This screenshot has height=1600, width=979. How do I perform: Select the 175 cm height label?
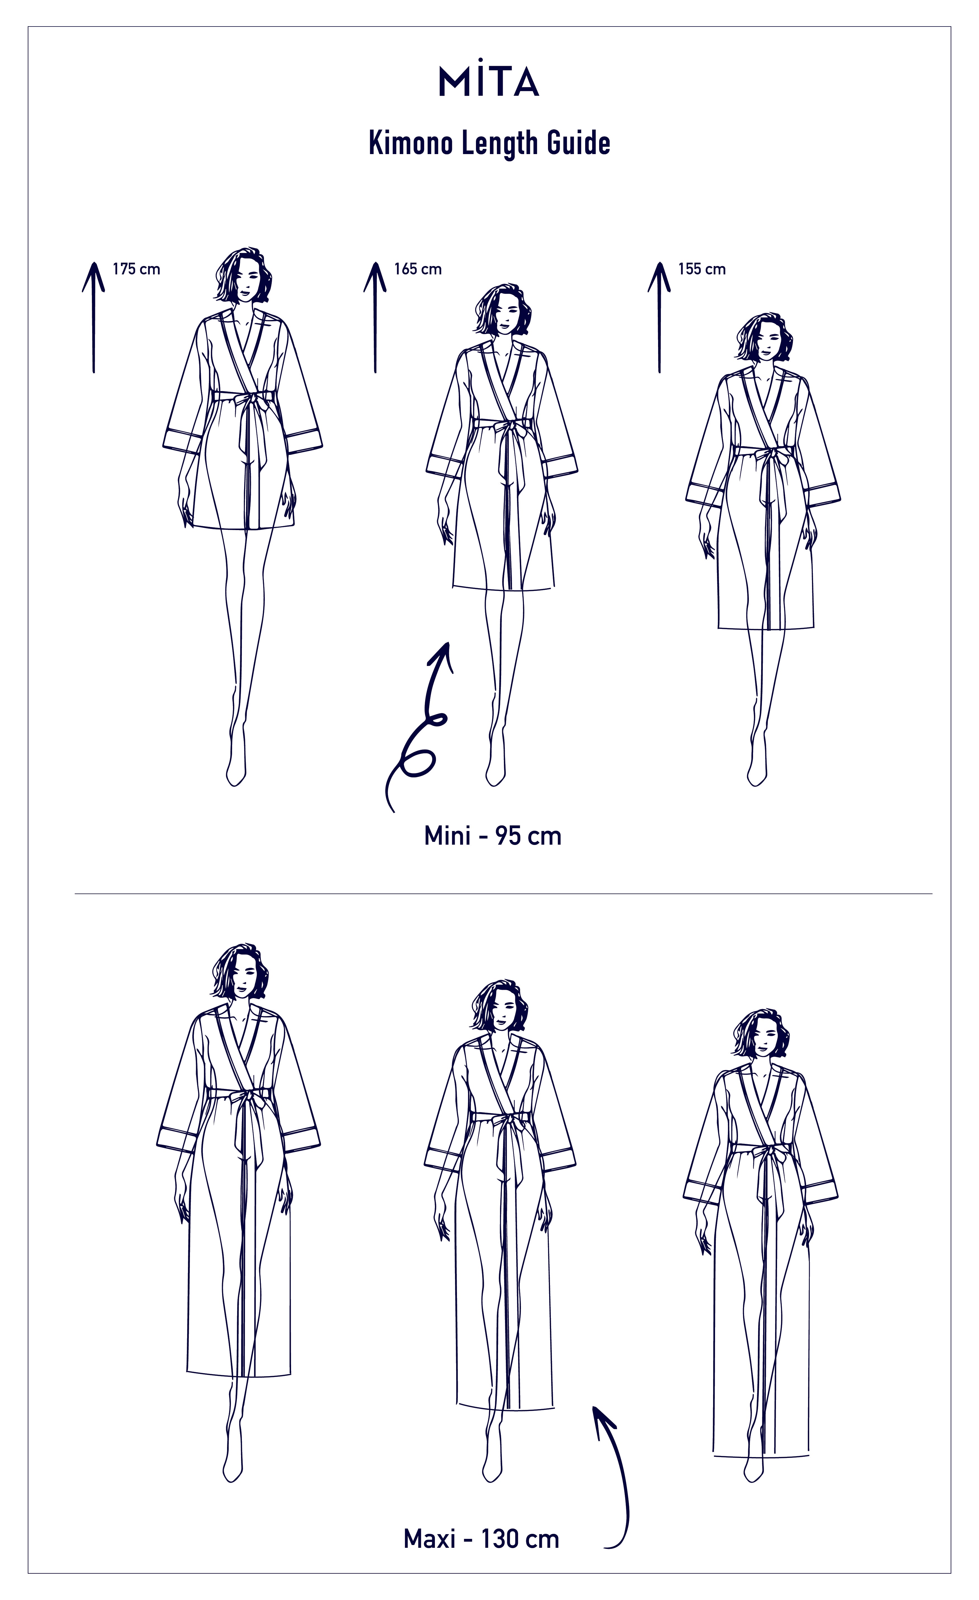click(136, 269)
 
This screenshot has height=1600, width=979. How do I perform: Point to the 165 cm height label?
click(418, 269)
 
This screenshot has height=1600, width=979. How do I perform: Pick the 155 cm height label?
click(702, 269)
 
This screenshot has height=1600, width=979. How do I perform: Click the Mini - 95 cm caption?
click(492, 836)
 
